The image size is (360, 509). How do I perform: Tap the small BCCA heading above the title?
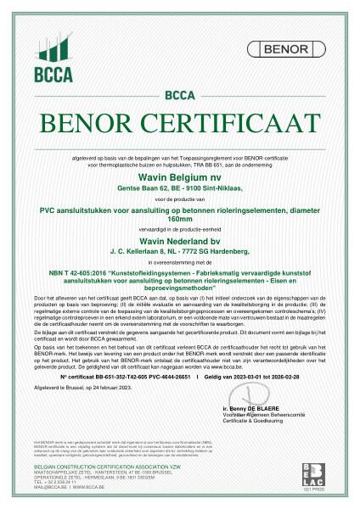click(179, 94)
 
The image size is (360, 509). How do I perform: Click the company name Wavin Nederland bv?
click(179, 216)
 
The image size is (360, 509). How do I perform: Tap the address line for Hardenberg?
click(179, 227)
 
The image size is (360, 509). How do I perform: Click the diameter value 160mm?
click(179, 197)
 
